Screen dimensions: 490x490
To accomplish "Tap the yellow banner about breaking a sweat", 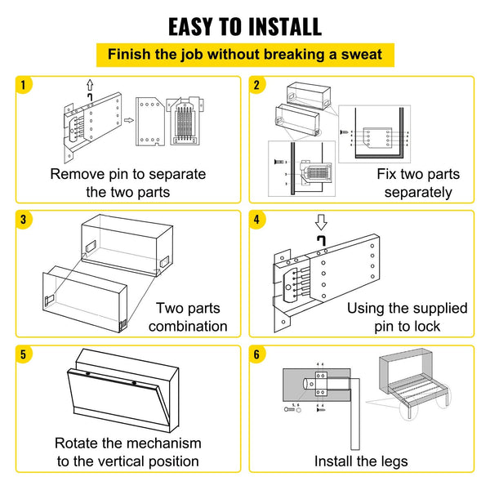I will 244,56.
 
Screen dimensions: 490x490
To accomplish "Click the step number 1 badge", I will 25,85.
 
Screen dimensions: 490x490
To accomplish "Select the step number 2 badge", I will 258,85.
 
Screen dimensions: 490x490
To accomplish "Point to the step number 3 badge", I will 25,220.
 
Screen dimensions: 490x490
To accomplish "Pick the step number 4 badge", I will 258,220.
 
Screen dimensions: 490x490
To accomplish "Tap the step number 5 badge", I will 25,354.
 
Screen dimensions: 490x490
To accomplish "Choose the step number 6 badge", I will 258,354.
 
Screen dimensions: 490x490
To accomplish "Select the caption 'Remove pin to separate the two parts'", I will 128,183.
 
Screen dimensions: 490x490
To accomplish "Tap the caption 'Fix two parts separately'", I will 418,183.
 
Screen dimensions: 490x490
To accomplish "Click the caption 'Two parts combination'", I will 191,317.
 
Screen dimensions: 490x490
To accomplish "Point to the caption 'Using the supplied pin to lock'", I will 407,317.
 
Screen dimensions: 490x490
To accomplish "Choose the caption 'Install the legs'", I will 361,461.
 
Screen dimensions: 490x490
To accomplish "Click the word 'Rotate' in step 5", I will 78,443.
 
